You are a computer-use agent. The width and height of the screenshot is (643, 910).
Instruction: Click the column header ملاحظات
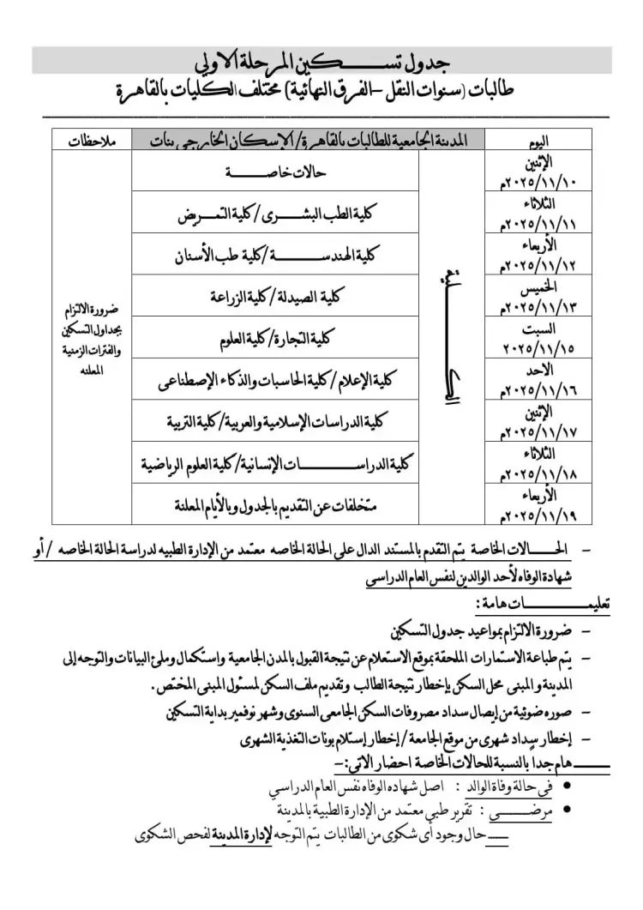(x=94, y=140)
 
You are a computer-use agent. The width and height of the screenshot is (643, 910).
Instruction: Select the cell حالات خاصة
(x=274, y=172)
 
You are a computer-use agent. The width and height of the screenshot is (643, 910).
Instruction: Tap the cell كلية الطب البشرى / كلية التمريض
(x=274, y=214)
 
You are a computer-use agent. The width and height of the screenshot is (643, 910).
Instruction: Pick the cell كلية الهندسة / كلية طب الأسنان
(x=274, y=255)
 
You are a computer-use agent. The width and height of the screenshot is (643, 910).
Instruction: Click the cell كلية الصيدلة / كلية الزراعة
(x=274, y=296)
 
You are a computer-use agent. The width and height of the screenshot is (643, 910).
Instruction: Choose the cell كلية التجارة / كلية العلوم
(x=274, y=338)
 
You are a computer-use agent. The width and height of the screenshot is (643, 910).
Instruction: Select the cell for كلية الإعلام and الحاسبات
(x=274, y=380)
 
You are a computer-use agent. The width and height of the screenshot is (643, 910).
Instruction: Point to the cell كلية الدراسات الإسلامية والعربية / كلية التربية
(x=274, y=422)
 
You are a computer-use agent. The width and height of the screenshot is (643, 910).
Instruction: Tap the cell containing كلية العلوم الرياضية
(x=274, y=463)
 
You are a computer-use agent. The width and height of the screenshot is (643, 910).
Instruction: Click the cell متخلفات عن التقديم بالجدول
(x=274, y=503)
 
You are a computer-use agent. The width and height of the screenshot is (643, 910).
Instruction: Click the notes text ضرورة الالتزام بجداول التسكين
(x=94, y=339)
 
